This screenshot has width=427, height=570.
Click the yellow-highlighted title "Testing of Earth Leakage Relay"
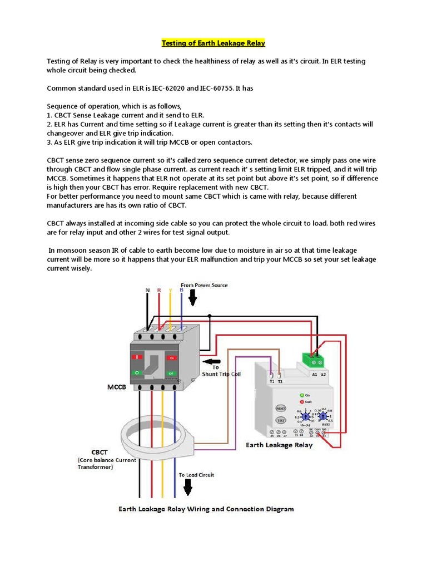[213, 43]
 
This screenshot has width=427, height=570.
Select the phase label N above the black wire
[147, 290]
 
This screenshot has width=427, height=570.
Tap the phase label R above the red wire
[159, 290]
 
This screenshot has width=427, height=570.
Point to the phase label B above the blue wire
[182, 290]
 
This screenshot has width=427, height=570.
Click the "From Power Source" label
[204, 285]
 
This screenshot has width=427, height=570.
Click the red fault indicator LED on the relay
[302, 401]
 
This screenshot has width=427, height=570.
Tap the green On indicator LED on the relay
[302, 395]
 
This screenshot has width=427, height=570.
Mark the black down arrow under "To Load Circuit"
[188, 488]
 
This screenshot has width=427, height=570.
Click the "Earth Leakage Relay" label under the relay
[279, 445]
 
